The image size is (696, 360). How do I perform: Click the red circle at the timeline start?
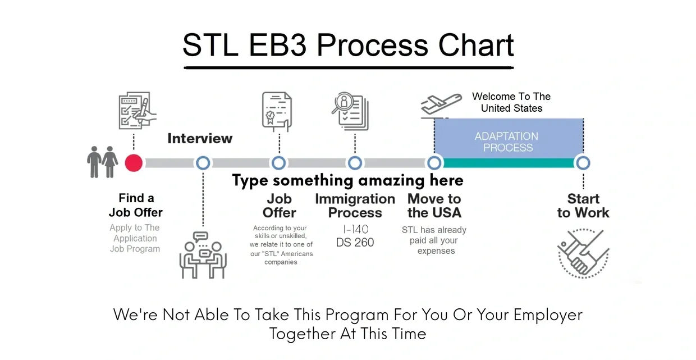[134, 163]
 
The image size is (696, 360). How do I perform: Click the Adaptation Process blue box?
[509, 138]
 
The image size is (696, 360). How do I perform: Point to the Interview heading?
[200, 139]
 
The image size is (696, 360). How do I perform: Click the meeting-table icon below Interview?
[203, 255]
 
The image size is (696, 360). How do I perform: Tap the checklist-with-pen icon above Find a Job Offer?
[138, 111]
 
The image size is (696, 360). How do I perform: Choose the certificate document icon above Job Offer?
[277, 111]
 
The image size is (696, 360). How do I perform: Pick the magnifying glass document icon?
[350, 111]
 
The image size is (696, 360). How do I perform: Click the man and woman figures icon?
[102, 162]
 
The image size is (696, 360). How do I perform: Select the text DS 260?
[355, 243]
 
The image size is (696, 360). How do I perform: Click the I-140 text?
[355, 230]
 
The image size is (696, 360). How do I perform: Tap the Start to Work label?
[583, 206]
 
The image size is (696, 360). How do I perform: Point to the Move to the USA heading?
[434, 206]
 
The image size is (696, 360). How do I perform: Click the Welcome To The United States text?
[511, 102]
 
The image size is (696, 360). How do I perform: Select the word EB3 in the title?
[278, 45]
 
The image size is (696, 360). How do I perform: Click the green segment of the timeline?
[509, 163]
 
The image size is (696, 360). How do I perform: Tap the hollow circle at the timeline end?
[583, 163]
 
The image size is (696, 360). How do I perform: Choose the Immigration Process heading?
[355, 206]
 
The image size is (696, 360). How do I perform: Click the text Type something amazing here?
[347, 181]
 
